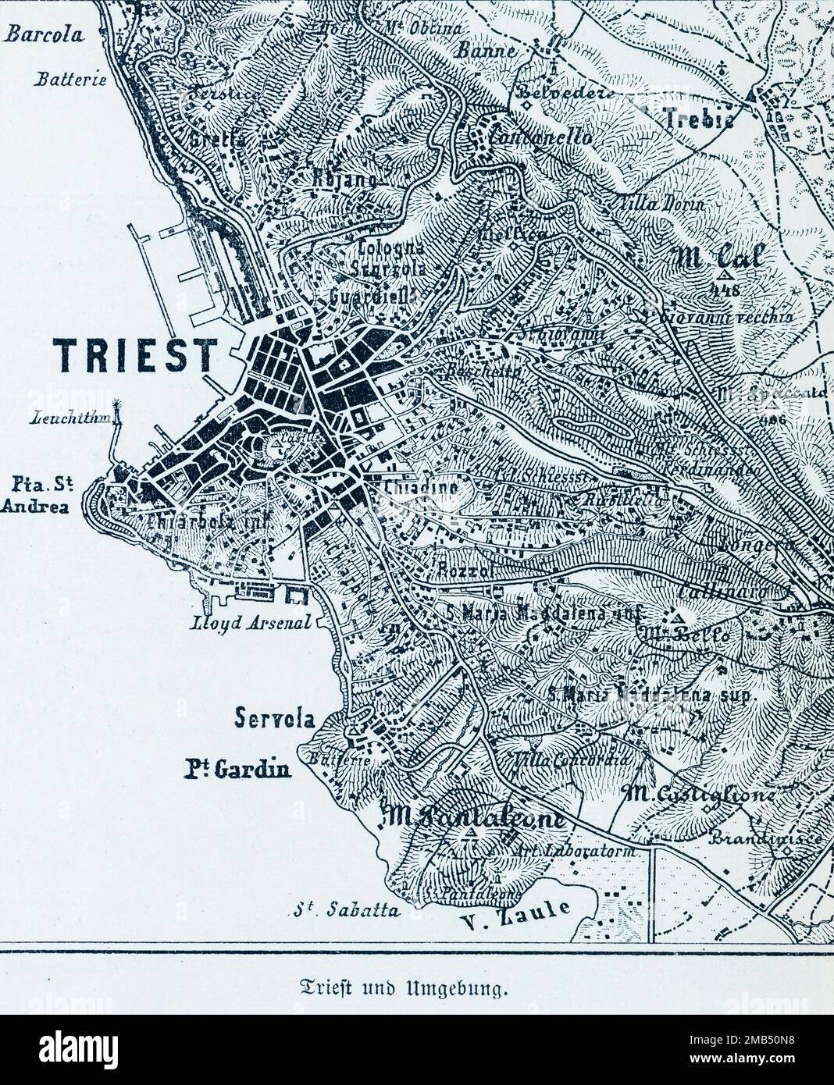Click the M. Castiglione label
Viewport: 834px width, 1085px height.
click(x=699, y=795)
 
